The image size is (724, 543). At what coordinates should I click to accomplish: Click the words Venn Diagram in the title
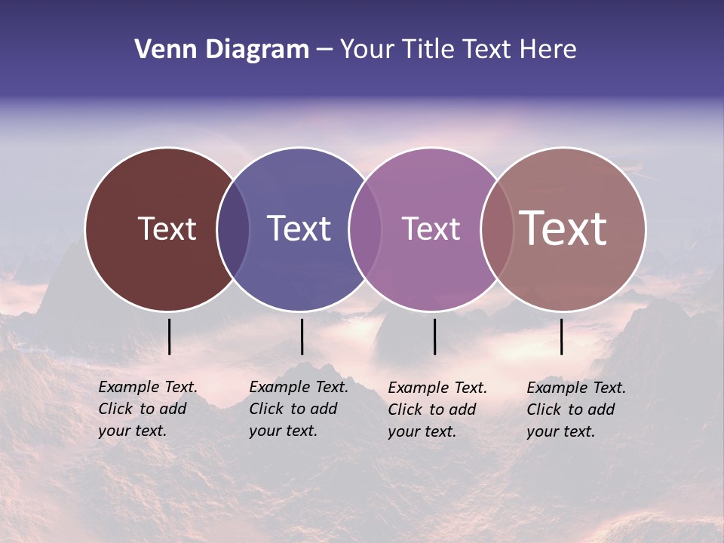[221, 50]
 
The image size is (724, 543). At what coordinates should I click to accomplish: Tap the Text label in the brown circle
[167, 229]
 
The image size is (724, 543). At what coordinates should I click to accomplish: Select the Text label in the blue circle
[299, 229]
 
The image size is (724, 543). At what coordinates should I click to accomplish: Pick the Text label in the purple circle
[431, 229]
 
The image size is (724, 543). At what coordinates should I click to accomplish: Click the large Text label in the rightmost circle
[563, 228]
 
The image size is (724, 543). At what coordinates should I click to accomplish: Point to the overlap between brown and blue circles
[233, 229]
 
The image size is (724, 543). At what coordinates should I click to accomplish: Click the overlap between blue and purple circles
[365, 229]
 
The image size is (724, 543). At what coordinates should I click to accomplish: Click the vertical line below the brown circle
[170, 336]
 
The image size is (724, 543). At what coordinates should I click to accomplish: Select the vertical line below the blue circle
[302, 336]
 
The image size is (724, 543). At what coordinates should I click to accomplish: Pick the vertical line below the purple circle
[435, 336]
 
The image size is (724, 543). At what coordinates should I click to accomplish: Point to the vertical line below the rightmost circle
[562, 336]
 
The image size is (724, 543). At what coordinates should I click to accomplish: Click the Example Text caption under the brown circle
[147, 409]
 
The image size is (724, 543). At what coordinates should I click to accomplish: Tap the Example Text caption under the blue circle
[298, 409]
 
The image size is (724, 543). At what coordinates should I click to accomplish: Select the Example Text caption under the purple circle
[437, 410]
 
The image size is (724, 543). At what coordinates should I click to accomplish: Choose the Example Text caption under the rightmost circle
[575, 410]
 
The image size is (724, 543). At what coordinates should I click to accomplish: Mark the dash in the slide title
[324, 50]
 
